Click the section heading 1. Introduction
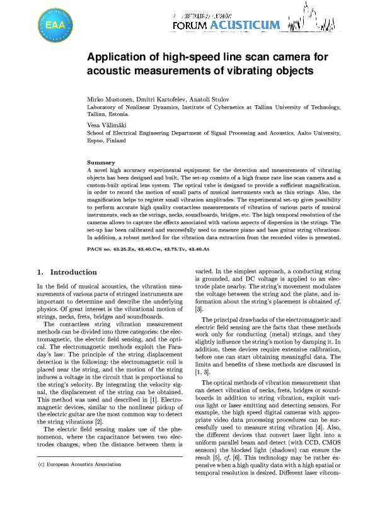click(x=67, y=273)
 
